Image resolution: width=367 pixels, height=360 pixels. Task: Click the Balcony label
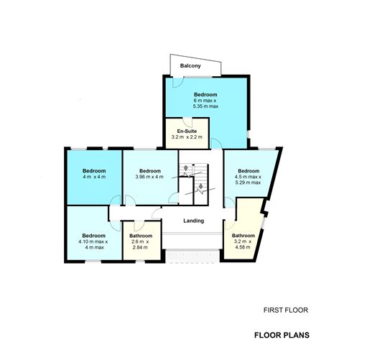(x=190, y=66)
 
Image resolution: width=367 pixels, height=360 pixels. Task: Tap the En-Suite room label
(x=187, y=130)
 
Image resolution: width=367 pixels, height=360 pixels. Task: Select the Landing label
(x=194, y=221)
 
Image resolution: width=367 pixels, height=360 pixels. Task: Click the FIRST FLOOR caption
(x=285, y=311)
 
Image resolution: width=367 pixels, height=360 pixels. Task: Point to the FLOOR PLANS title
(x=281, y=335)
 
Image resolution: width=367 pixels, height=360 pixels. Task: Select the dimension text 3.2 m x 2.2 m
(x=187, y=137)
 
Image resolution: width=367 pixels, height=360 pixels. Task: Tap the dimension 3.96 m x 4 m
(x=149, y=177)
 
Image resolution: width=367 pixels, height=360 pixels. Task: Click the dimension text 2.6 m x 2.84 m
(x=140, y=244)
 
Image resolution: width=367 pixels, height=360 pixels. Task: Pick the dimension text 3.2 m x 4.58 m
(x=243, y=244)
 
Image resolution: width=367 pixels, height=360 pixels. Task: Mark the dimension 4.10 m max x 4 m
(x=93, y=244)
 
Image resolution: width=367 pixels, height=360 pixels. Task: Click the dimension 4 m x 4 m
(x=93, y=177)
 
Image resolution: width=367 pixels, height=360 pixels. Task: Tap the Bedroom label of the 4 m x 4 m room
(x=93, y=170)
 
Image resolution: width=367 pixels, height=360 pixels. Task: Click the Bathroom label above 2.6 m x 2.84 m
(x=140, y=236)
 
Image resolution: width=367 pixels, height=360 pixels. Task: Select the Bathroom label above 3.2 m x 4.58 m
(x=243, y=235)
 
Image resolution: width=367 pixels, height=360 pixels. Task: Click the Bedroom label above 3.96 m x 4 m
(x=149, y=170)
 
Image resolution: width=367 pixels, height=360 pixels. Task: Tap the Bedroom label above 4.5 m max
(x=248, y=170)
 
